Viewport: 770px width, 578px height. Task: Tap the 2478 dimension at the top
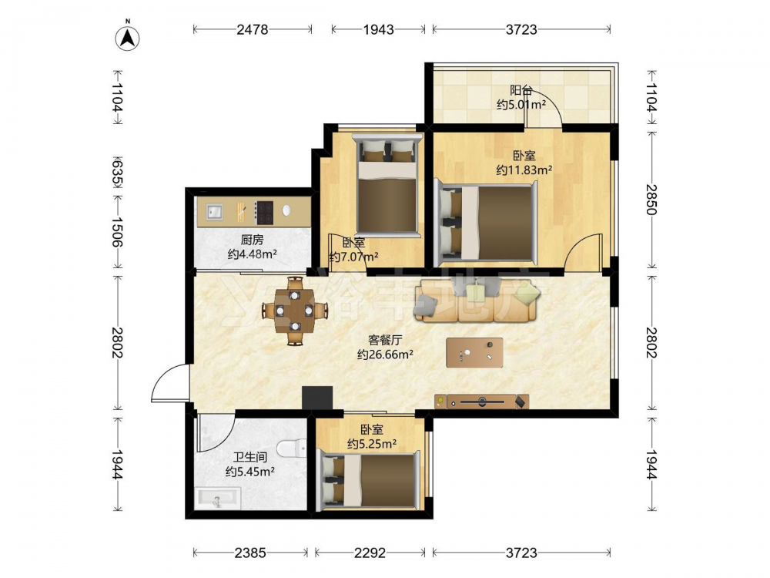point(253,29)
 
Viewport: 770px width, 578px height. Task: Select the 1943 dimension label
point(379,29)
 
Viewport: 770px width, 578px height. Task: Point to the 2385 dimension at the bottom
point(250,553)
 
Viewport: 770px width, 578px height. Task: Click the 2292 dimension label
point(370,553)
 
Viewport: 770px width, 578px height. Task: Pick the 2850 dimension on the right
point(651,200)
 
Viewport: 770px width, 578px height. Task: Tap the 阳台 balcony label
point(521,90)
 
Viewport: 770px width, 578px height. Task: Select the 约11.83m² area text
point(524,170)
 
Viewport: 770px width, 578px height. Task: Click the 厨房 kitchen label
point(252,240)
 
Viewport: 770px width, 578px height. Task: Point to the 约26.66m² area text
point(385,354)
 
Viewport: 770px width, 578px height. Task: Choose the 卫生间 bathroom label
point(250,458)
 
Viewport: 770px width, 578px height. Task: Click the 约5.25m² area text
point(372,444)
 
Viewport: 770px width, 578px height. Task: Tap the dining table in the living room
point(295,311)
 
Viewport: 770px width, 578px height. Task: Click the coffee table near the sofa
point(474,352)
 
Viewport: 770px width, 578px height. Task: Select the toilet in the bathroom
point(292,449)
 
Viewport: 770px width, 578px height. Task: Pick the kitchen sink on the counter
point(213,212)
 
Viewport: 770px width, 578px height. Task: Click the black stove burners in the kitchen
point(263,213)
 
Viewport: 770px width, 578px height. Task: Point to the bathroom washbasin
point(217,499)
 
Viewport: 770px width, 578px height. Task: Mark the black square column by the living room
point(317,398)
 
